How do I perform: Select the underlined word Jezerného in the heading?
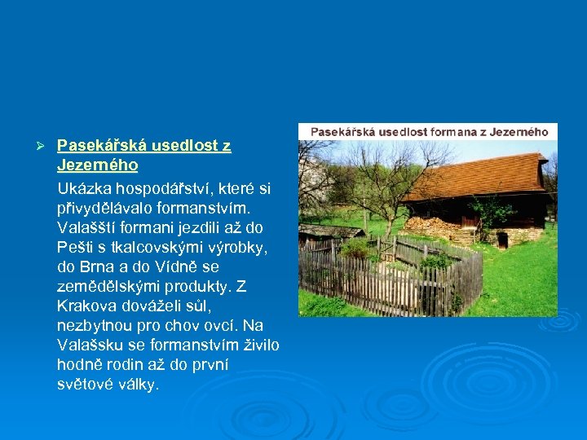pyautogui.click(x=97, y=165)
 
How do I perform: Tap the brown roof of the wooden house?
pyautogui.click(x=481, y=175)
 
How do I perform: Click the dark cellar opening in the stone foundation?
pyautogui.click(x=502, y=239)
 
